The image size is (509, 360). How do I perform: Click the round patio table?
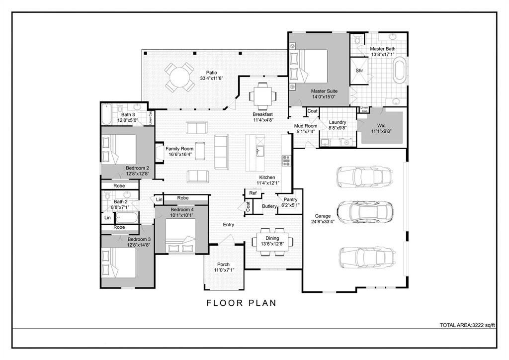(179, 77)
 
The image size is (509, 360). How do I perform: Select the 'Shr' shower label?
(359, 71)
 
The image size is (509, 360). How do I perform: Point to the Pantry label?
(290, 199)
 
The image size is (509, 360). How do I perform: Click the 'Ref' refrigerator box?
(253, 193)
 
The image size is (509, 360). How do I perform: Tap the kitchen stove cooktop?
(286, 160)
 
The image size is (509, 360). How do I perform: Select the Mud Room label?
(306, 126)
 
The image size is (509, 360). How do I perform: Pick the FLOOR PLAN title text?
(241, 303)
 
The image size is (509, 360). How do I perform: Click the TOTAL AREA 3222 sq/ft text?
(468, 325)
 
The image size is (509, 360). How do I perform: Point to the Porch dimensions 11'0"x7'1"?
(224, 270)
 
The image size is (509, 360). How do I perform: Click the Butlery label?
(269, 206)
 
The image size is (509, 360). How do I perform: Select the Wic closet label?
(381, 125)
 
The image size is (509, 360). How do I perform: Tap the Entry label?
(228, 225)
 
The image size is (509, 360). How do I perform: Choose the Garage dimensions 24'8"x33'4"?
(323, 222)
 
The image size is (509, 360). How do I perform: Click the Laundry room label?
(338, 122)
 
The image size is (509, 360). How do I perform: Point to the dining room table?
(272, 241)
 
